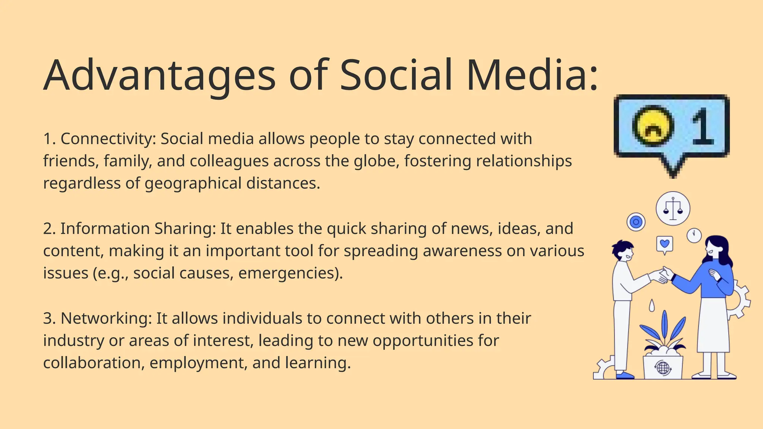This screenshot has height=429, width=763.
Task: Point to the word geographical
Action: point(193,184)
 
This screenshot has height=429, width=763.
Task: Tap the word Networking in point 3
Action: point(106,318)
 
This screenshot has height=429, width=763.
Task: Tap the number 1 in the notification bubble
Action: point(702,126)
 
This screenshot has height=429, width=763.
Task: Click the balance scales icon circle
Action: point(673,209)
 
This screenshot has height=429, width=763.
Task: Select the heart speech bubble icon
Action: point(665,245)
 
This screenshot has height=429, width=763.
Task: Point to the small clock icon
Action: point(694,235)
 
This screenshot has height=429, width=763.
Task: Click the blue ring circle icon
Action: point(636,222)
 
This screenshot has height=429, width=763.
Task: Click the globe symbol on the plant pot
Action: point(663,368)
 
